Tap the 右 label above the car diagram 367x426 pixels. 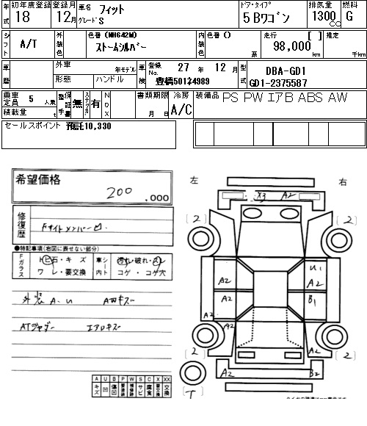[342, 181]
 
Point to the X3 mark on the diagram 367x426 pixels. [261, 195]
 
